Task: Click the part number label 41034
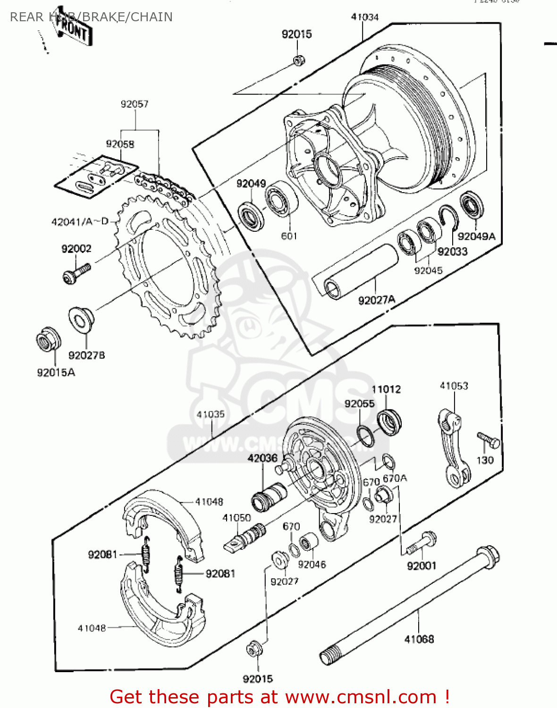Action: (364, 17)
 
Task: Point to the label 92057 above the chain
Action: (135, 104)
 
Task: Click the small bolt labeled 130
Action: (488, 440)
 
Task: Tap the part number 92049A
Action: (476, 236)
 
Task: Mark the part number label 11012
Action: (386, 389)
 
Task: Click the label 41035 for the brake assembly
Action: (211, 414)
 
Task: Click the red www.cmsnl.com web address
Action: (361, 697)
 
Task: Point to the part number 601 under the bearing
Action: (289, 236)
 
